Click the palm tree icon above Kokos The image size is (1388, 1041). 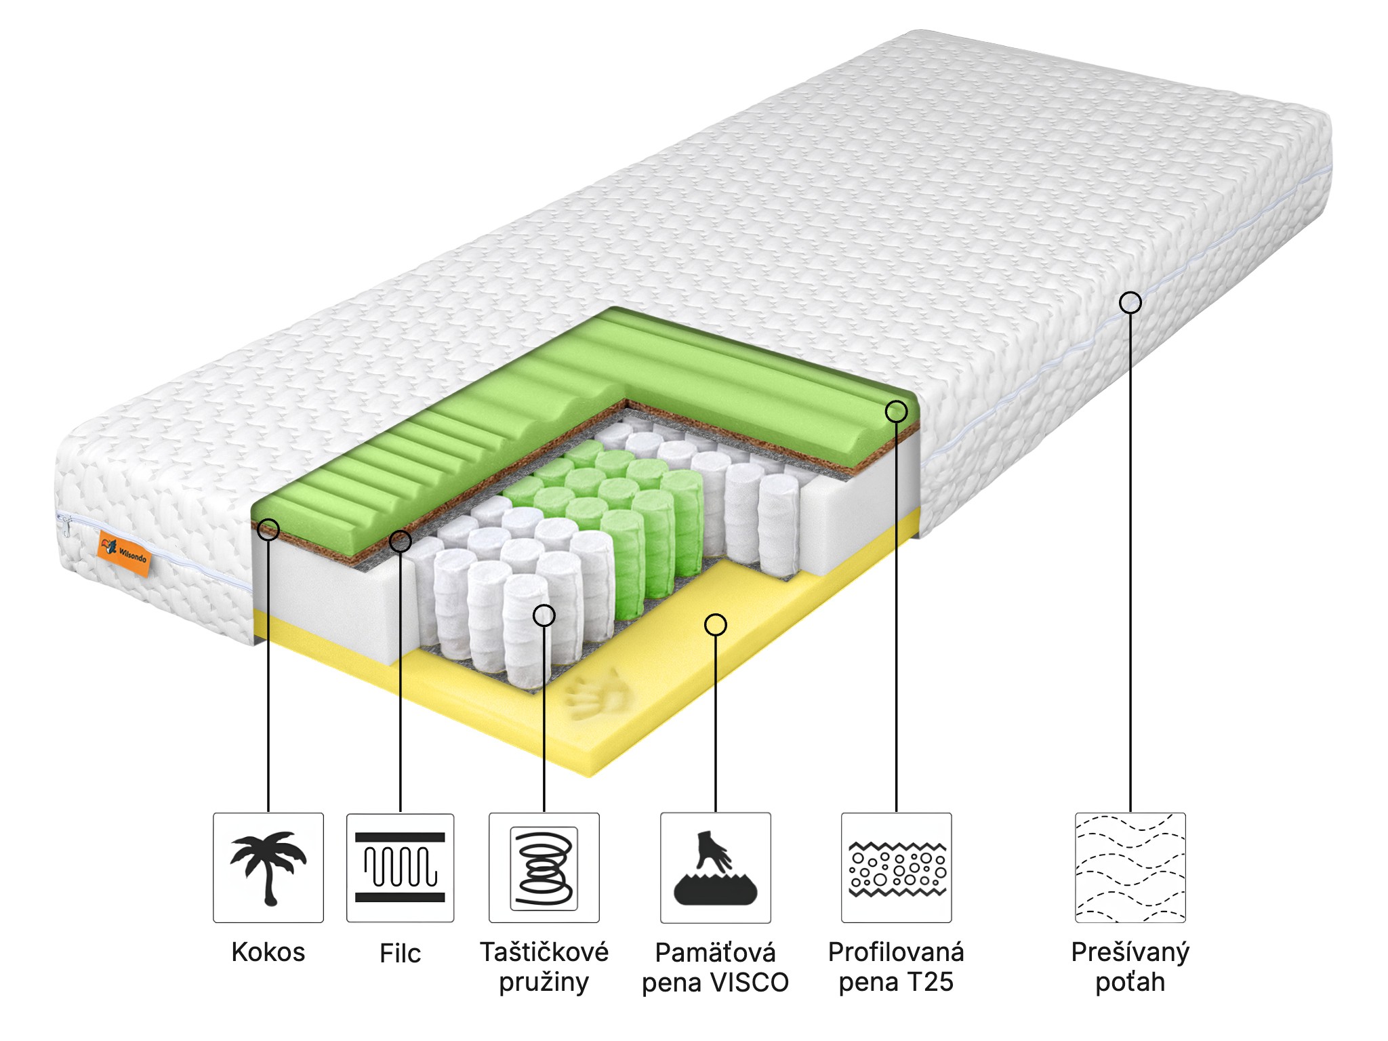coord(268,867)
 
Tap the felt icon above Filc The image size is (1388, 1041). coord(400,867)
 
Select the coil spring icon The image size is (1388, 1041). coord(544,868)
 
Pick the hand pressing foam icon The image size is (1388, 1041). coord(716,868)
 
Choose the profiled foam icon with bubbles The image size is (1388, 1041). coord(897,868)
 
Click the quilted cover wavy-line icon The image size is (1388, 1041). coord(1130,867)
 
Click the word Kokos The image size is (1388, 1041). coord(268,952)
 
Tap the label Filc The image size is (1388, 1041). coord(400,954)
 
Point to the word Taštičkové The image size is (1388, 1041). coord(544,952)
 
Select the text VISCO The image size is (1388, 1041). coord(752,982)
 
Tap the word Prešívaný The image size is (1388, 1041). coord(1130,953)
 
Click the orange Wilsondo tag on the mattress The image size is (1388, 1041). coord(123,553)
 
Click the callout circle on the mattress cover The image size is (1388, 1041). coord(1130,302)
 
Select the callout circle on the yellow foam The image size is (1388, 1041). coord(716,624)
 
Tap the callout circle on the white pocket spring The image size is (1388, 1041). coord(544,615)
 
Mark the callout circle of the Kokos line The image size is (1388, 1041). coord(268,529)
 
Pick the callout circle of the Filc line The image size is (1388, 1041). coord(400,541)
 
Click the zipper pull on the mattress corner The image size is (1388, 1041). coord(66,525)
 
